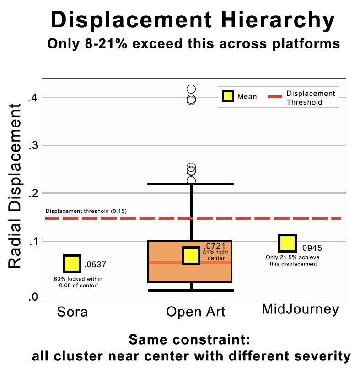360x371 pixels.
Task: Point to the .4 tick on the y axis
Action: [x=32, y=98]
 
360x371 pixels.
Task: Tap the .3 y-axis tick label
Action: [x=32, y=146]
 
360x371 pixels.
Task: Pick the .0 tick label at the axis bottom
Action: [x=32, y=297]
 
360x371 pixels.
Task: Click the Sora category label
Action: [x=72, y=312]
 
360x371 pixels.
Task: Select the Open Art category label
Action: [x=195, y=312]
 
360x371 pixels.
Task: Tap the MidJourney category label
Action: [x=300, y=310]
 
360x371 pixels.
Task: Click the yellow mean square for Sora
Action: [x=72, y=264]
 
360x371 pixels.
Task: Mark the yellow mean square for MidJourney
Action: [x=287, y=244]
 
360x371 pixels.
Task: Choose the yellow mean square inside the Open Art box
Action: [x=191, y=255]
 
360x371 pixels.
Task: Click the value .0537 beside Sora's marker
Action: [x=95, y=265]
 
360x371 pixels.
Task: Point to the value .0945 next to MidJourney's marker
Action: [x=311, y=249]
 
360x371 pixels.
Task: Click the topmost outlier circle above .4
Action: [x=191, y=89]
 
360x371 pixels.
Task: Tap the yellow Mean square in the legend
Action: [x=227, y=96]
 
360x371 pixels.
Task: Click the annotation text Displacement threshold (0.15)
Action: [x=86, y=211]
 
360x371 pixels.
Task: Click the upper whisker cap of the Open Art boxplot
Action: [x=191, y=184]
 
